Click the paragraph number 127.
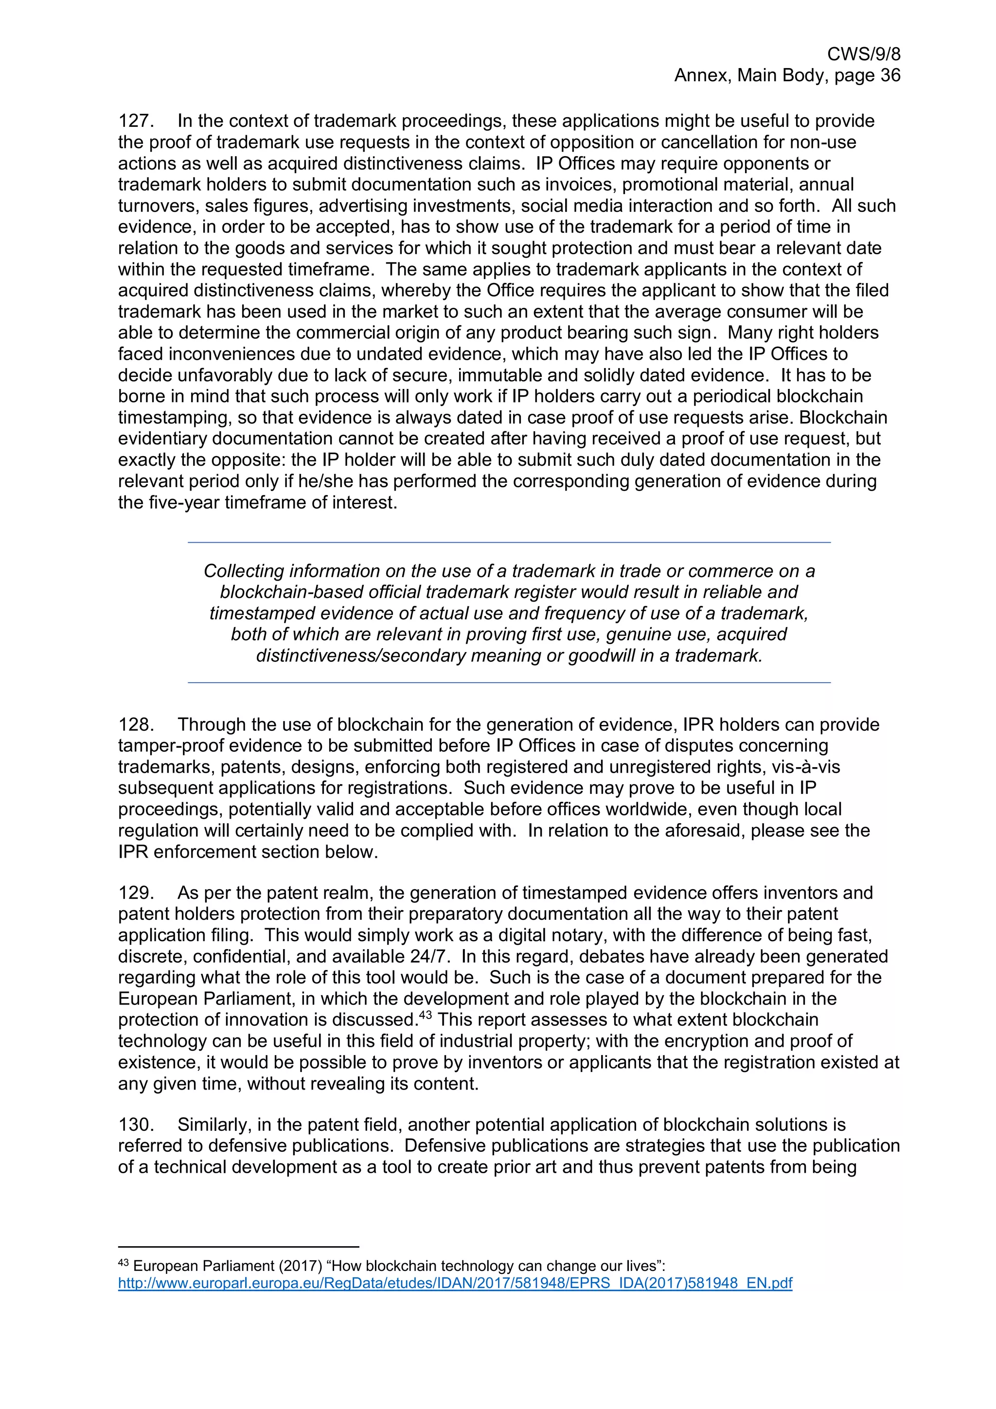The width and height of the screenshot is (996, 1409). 136,121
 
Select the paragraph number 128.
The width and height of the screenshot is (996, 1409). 136,725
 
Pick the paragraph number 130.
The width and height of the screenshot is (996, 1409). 136,1125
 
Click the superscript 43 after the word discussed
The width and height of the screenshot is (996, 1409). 427,1016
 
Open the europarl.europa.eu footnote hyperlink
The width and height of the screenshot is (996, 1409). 455,1283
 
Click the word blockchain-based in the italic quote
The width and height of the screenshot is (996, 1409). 290,592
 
